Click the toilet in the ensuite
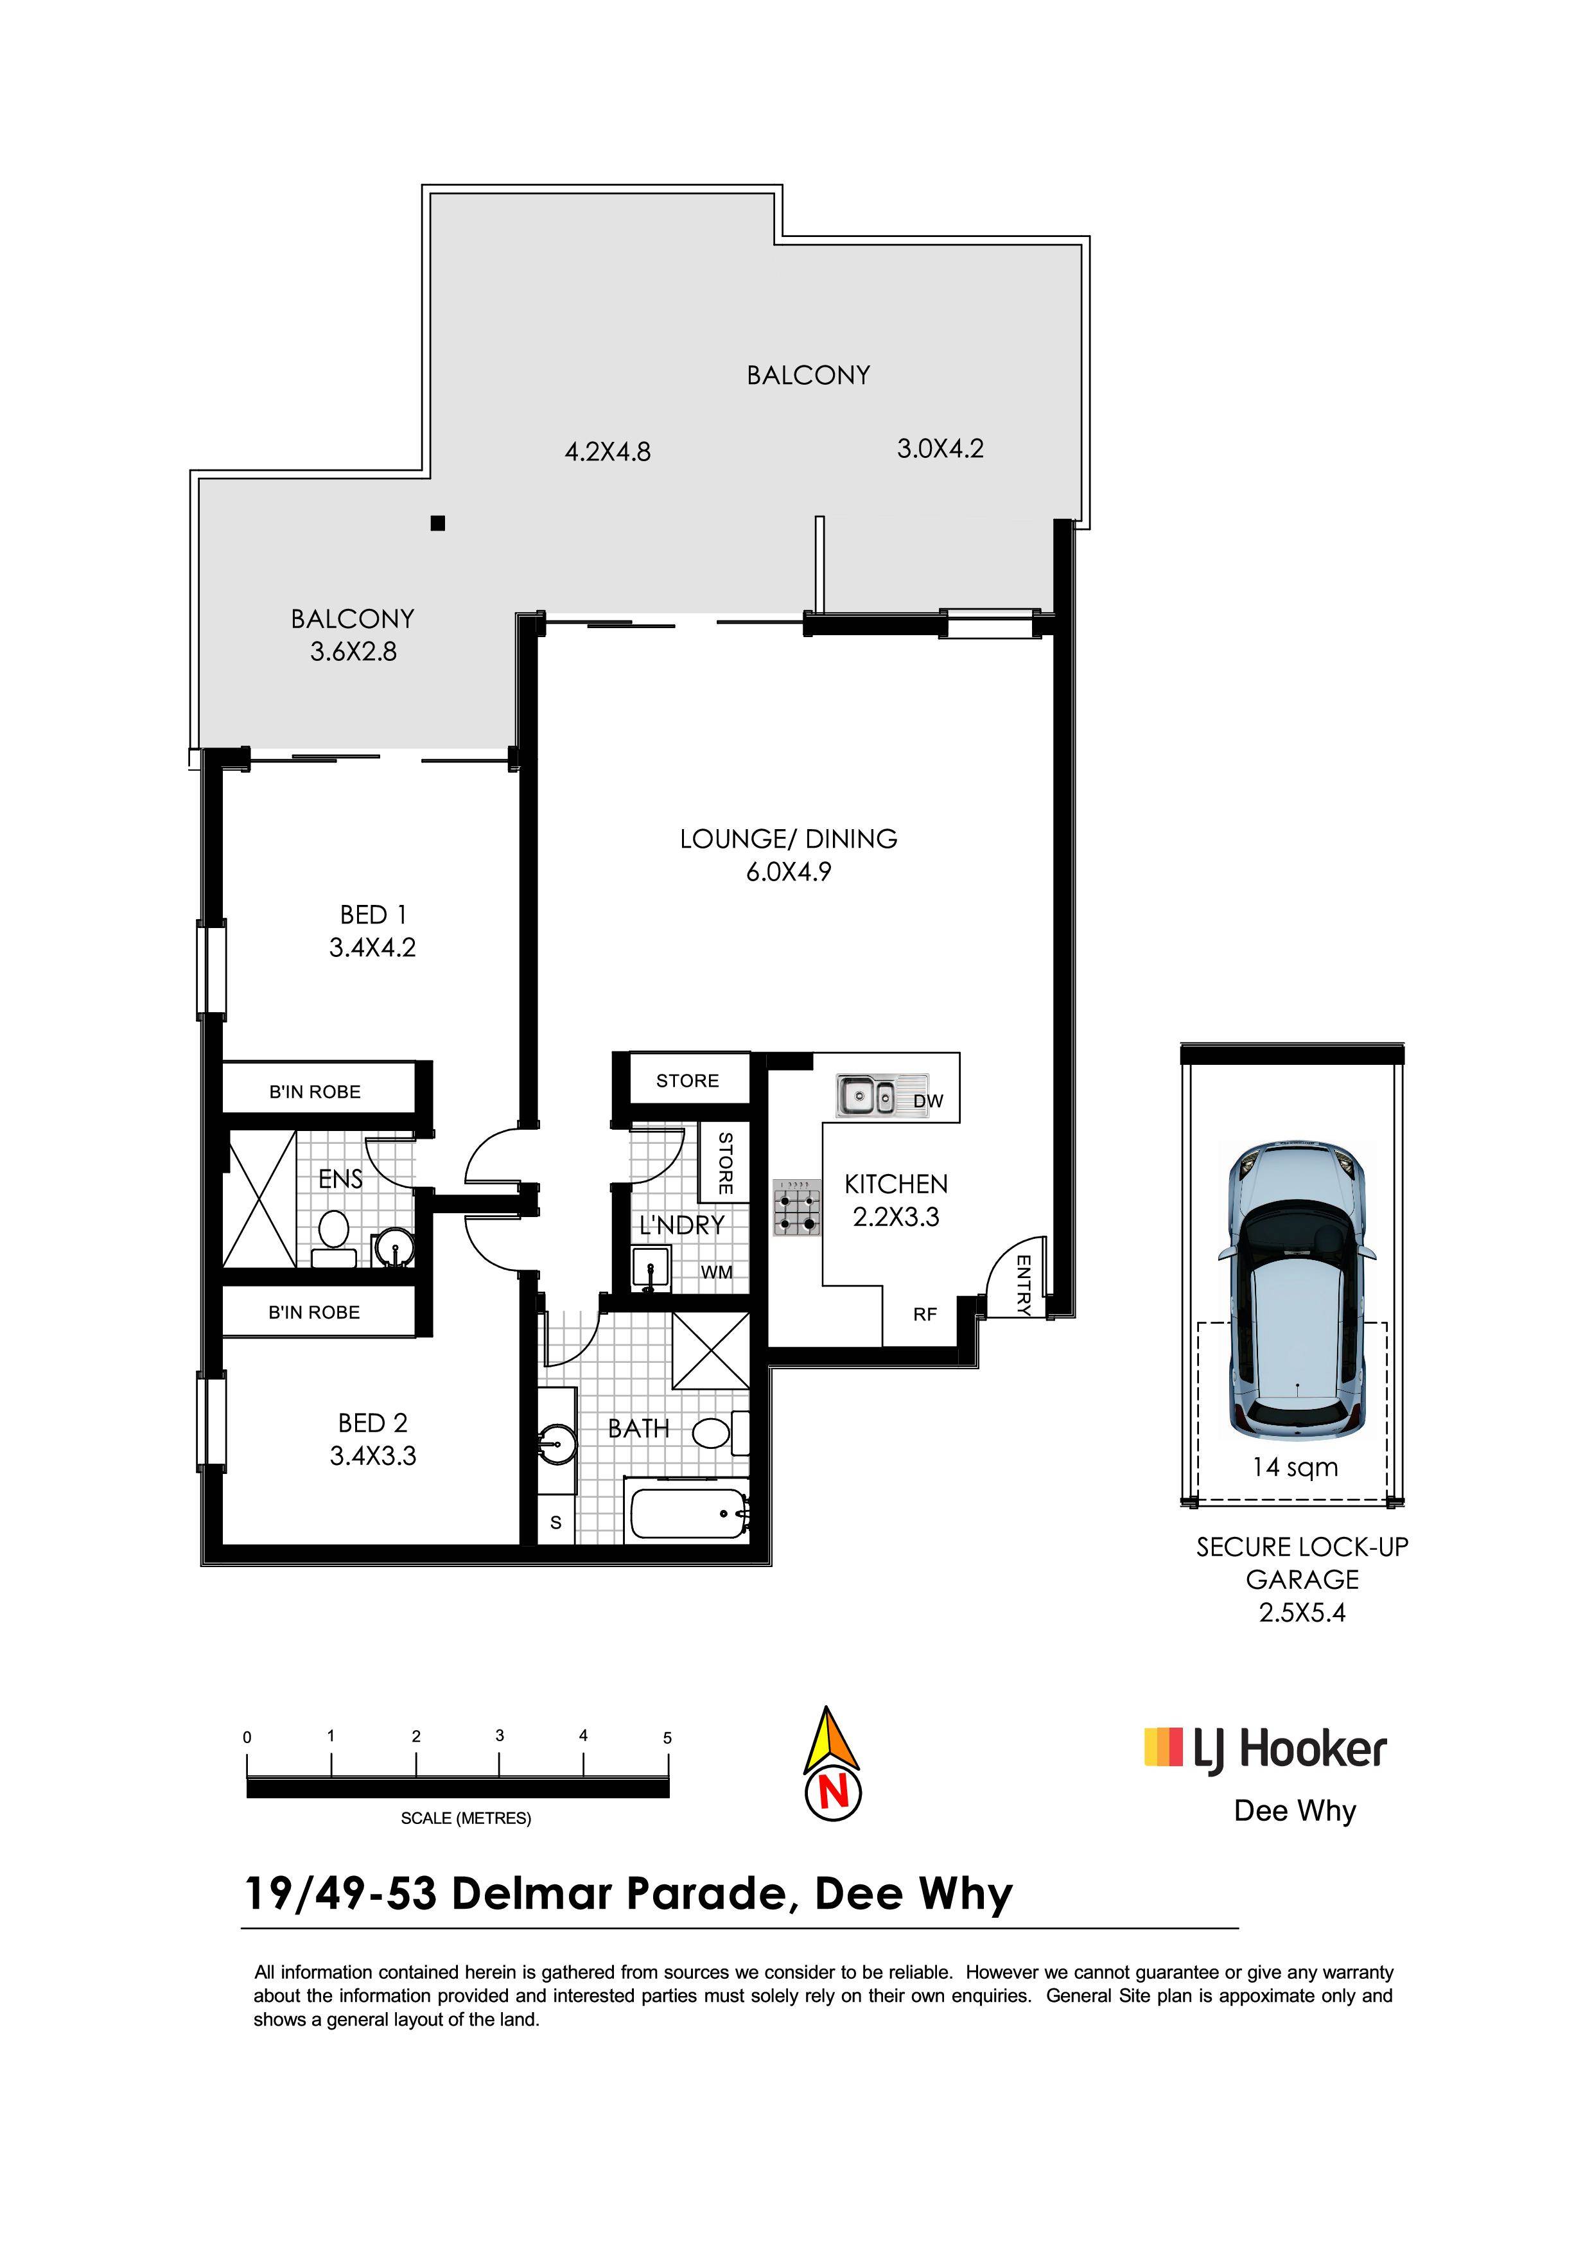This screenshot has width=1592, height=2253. [x=335, y=1238]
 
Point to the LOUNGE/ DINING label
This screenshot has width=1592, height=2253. [x=789, y=839]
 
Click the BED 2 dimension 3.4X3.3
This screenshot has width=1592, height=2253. [x=372, y=1456]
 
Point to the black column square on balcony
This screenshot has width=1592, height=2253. [x=437, y=523]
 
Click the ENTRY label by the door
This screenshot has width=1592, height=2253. [x=1023, y=1284]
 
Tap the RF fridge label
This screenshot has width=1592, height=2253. [x=924, y=1315]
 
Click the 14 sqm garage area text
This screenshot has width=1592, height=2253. [x=1295, y=1467]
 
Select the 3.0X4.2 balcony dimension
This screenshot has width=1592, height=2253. [x=940, y=448]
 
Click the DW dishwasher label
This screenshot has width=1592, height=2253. [x=928, y=1101]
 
